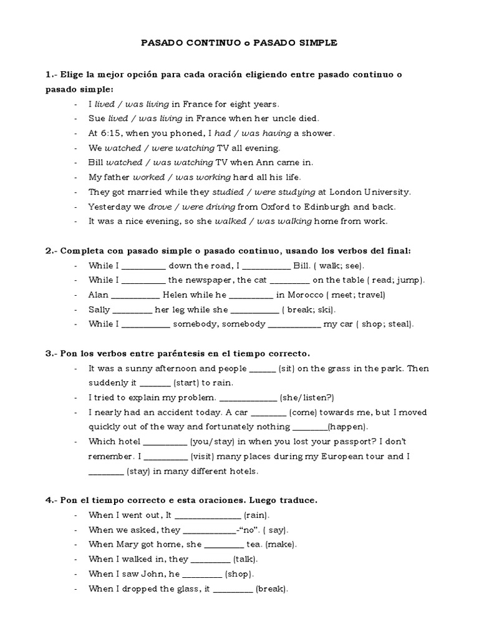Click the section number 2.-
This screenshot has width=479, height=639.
(51, 250)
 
